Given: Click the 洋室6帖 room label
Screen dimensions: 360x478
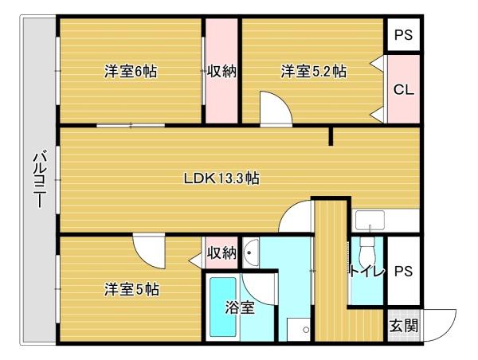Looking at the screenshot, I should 130,72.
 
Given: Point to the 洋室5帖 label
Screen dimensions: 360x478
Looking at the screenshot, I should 131,289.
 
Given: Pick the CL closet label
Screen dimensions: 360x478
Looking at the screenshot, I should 403,90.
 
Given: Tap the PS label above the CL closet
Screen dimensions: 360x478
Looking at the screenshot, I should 403,35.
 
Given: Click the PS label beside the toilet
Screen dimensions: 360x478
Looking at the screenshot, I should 403,272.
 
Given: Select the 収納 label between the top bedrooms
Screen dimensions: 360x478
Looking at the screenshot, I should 222,72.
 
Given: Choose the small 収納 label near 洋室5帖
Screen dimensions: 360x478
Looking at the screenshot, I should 221,253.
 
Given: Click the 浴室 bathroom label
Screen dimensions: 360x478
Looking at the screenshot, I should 239,307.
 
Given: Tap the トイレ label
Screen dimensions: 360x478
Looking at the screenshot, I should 366,272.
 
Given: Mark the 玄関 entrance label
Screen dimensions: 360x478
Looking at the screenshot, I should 403,325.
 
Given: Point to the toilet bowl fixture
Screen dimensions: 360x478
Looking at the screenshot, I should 366,255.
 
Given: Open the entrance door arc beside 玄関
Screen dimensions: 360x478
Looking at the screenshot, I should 441,322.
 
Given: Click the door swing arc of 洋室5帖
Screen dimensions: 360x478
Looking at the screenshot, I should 149,250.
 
